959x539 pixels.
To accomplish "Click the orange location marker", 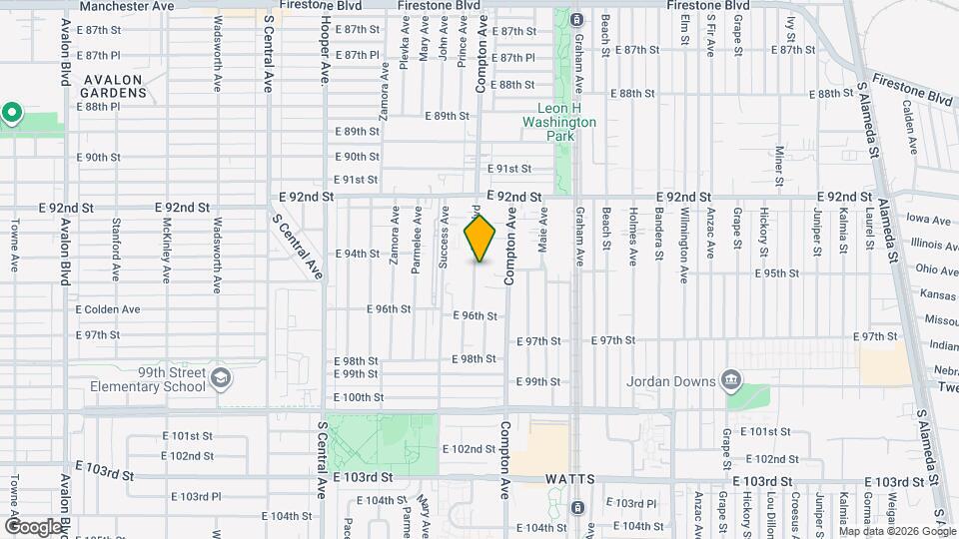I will coord(480,239).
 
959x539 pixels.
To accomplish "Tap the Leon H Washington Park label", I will coord(559,115).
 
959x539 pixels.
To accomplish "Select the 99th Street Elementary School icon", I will coord(220,379).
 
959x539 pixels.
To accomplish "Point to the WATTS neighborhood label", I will coord(571,480).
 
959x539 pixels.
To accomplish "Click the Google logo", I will coord(33,526).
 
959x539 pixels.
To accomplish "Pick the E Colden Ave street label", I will coord(108,309).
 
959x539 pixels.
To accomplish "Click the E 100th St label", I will coord(359,397).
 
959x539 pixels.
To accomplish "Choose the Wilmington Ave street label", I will coord(684,245).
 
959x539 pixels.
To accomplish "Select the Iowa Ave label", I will coord(929,220).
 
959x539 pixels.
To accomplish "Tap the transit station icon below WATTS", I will coord(577,507).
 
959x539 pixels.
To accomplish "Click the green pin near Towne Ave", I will coord(12,113).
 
